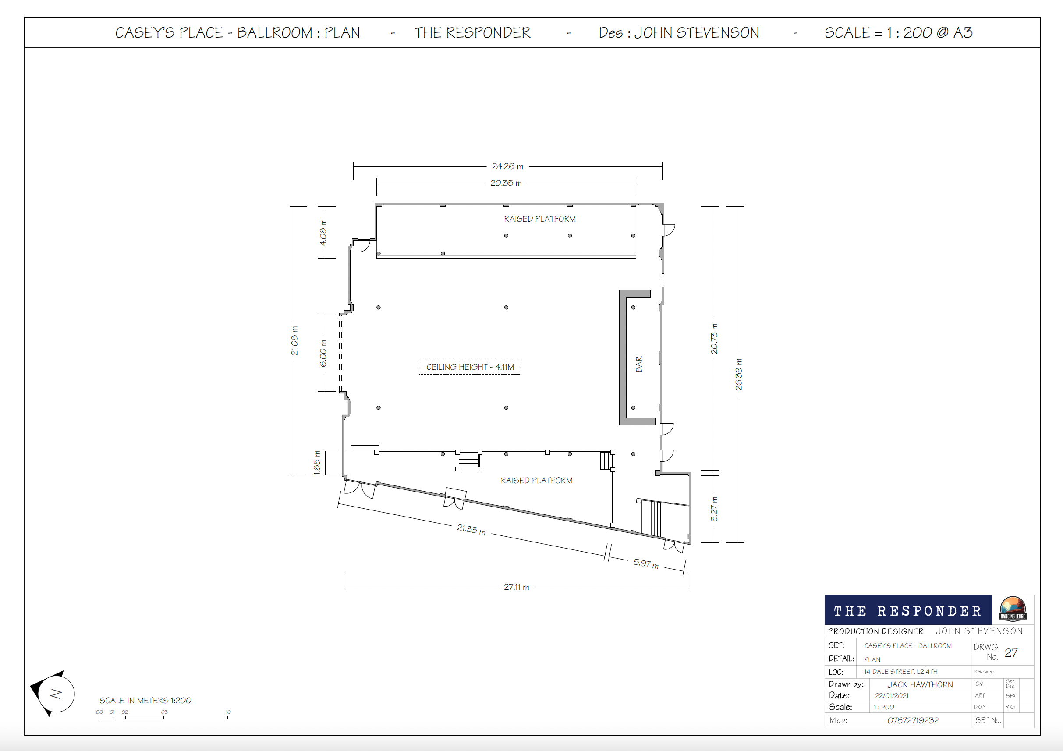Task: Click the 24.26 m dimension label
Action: point(507,166)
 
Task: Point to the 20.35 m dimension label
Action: point(506,183)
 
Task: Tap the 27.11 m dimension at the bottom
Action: point(516,587)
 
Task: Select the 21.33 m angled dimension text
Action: point(471,529)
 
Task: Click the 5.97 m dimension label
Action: point(646,563)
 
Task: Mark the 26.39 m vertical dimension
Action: point(738,374)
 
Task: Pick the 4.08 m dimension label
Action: point(323,232)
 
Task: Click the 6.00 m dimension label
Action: point(323,353)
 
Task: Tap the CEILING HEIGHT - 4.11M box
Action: point(469,367)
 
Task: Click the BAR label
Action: point(639,364)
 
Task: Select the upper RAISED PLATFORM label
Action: point(540,219)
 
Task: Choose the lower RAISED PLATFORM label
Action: point(537,480)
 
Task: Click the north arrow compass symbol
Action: point(53,693)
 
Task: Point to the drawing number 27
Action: point(1011,652)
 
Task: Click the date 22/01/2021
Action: point(892,695)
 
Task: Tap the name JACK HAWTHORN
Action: point(920,684)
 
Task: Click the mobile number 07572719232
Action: point(913,720)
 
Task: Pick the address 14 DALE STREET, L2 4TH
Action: point(900,671)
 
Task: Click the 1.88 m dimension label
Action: point(317,463)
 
